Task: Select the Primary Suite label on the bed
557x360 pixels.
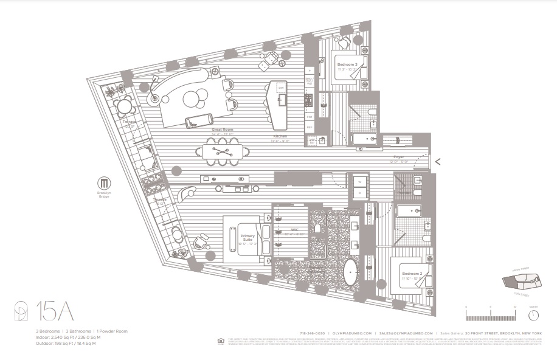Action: coord(247,239)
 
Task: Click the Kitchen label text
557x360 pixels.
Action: coord(280,136)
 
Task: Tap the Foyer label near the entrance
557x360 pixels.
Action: coord(398,157)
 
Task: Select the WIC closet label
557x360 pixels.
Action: coord(294,230)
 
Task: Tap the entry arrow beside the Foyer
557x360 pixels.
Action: coord(437,161)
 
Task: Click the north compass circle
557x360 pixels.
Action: coord(533,316)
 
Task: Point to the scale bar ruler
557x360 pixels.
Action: coord(490,316)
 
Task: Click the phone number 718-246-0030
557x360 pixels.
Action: coord(313,333)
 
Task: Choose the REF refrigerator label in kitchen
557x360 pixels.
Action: coord(309,128)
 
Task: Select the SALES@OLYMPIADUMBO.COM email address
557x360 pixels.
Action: coord(406,333)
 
